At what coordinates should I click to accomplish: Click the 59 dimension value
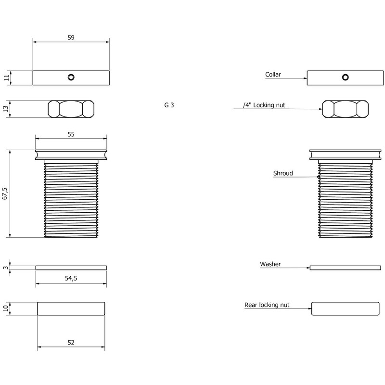(x=71, y=38)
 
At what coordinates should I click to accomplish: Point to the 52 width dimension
(x=71, y=342)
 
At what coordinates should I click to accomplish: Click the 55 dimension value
(x=71, y=135)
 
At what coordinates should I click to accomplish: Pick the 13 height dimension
(x=6, y=109)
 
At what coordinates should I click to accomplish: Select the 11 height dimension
(x=6, y=78)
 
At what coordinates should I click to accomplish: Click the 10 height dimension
(x=6, y=308)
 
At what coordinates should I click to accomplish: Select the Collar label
(x=273, y=75)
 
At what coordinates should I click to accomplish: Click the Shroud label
(x=283, y=173)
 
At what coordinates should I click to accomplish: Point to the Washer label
(x=270, y=264)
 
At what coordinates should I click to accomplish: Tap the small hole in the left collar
(x=71, y=77)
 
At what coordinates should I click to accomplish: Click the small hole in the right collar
(x=345, y=77)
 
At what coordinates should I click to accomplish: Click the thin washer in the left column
(x=71, y=268)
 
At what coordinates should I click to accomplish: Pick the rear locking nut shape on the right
(x=345, y=308)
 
